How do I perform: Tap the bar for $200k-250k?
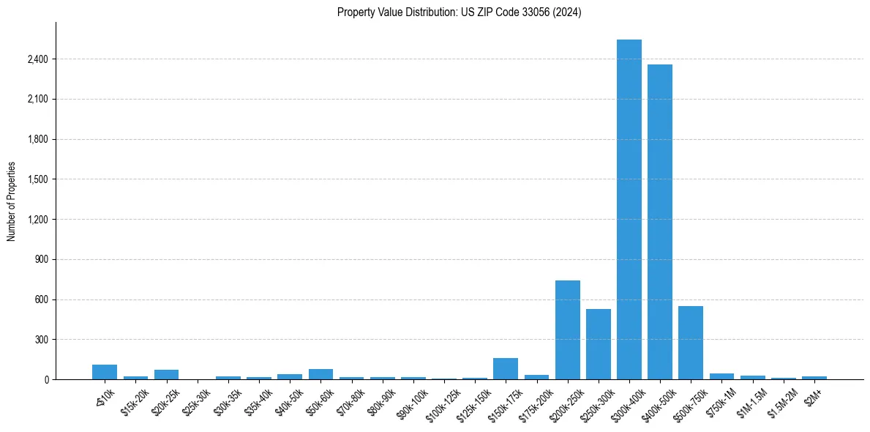tap(568, 329)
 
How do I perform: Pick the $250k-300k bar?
tap(599, 344)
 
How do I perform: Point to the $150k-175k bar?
tap(506, 368)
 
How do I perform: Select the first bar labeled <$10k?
tap(105, 372)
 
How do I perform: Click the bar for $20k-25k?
tap(167, 374)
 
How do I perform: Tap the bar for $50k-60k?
tap(320, 374)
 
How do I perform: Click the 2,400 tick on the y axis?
tap(37, 59)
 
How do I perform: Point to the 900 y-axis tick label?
tap(41, 259)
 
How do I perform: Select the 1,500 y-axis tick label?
tap(37, 179)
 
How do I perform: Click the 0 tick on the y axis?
tap(46, 379)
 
